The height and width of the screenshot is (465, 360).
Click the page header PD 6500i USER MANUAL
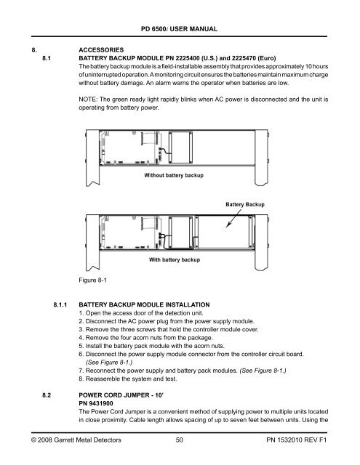[179, 28]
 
